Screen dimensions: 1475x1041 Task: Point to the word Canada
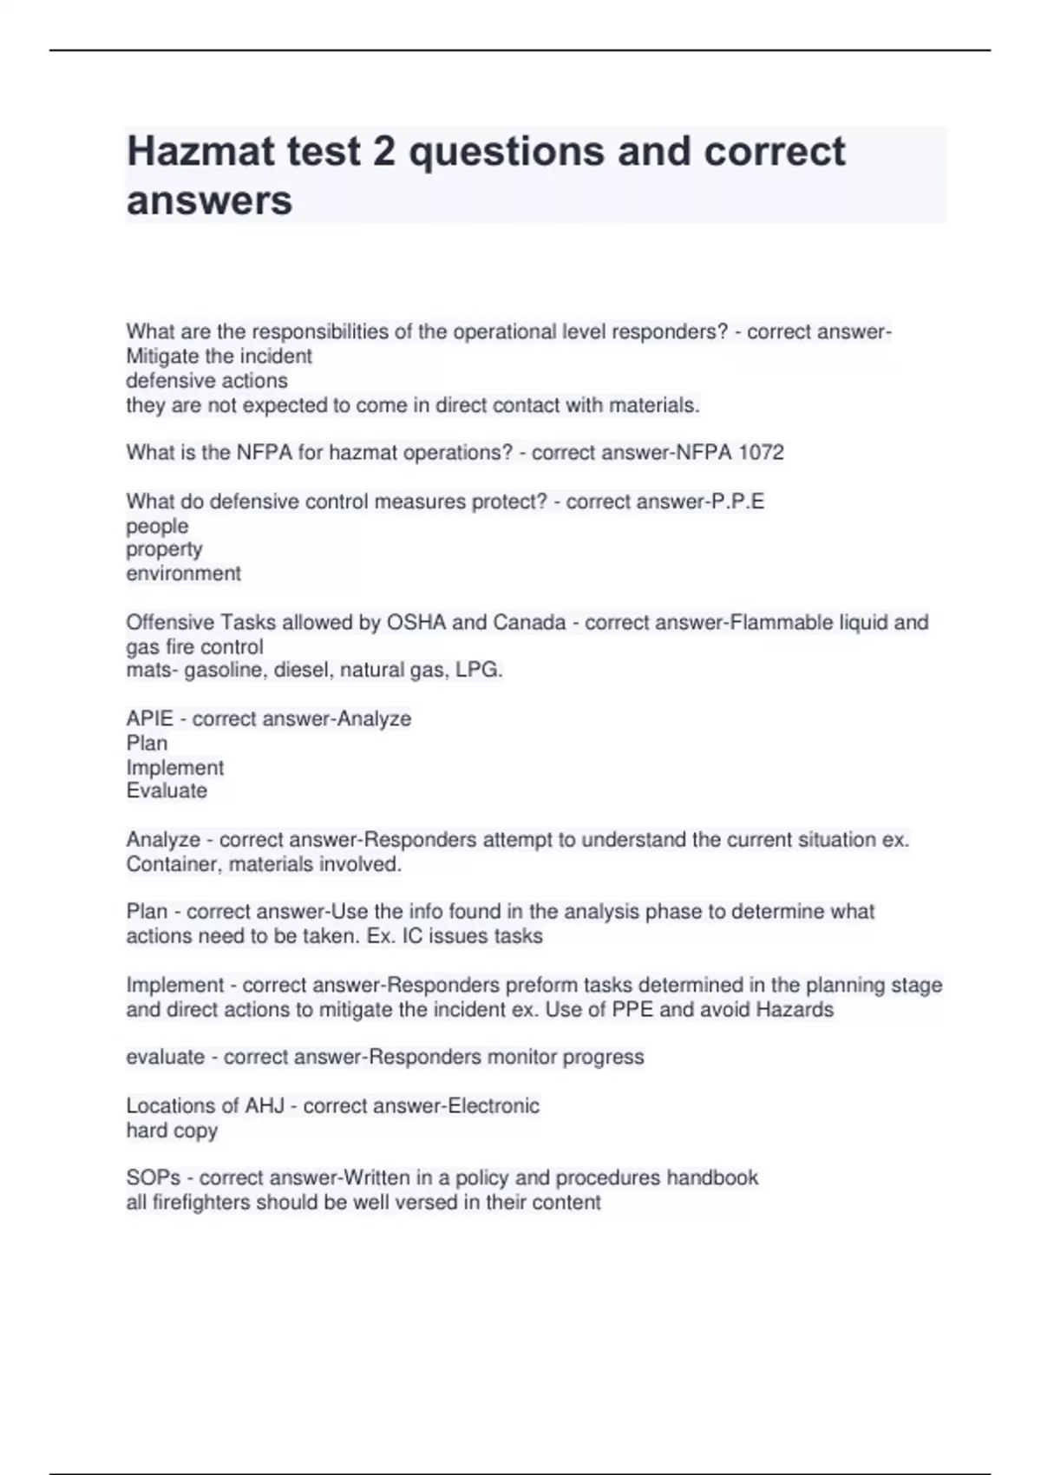(x=529, y=622)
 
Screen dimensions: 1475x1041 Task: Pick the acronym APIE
(x=149, y=718)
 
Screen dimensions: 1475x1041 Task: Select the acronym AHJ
(x=265, y=1105)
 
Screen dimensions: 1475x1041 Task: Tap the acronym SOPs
(x=154, y=1177)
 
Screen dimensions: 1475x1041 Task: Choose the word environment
(x=183, y=574)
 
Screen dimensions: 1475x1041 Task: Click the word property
(x=164, y=549)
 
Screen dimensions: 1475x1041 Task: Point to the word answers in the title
(x=209, y=201)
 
